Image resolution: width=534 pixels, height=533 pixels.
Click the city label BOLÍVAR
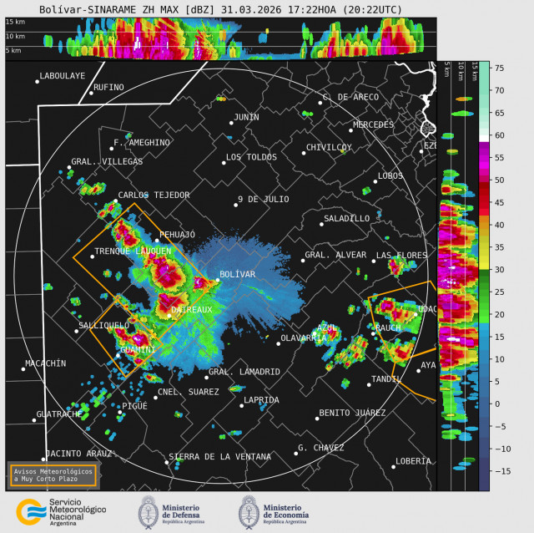coord(237,274)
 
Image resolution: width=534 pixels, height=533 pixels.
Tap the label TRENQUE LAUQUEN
coord(133,251)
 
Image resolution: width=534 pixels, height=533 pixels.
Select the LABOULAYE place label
coord(63,76)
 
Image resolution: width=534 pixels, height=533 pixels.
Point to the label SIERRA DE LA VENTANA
coord(219,457)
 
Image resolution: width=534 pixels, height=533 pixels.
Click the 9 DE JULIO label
coord(264,199)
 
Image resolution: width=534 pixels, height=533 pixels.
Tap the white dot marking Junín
coord(231,123)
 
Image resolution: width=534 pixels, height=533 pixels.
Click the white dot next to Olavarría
coord(279,343)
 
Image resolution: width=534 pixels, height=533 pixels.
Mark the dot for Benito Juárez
coord(317,418)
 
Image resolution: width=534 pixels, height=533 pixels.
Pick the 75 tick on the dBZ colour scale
coord(499,68)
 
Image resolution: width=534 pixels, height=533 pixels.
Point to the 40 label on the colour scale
coord(499,225)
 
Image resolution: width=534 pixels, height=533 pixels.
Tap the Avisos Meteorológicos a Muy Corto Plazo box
coord(53,475)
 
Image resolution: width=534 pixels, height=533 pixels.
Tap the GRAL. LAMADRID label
coord(244,371)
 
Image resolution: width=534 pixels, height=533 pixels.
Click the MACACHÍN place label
coord(46,363)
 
